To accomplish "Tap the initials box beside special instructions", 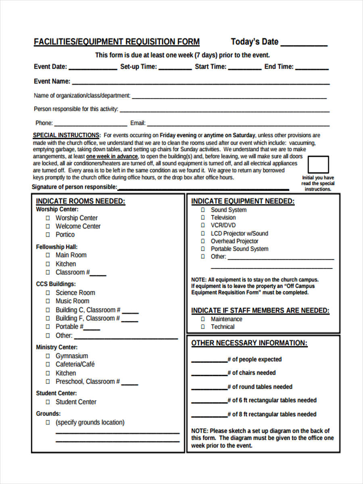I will (318, 165).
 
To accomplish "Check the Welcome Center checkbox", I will (48, 226).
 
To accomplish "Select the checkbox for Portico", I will (48, 235).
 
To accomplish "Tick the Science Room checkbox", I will (48, 293).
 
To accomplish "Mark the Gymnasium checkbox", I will (48, 356).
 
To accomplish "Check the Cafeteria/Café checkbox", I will (48, 365).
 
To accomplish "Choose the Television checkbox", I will (202, 218).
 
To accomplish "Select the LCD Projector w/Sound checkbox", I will (202, 234).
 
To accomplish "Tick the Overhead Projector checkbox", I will (202, 241).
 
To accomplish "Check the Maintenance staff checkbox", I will (202, 319).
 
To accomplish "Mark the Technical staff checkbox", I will (202, 327).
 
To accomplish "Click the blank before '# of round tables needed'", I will (209, 389).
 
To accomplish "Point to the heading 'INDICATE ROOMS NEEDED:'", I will (81, 202).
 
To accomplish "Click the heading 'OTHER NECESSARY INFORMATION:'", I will (249, 343).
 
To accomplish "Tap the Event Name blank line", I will (200, 83).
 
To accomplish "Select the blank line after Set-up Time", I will (175, 69).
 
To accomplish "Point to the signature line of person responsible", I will (203, 189).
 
